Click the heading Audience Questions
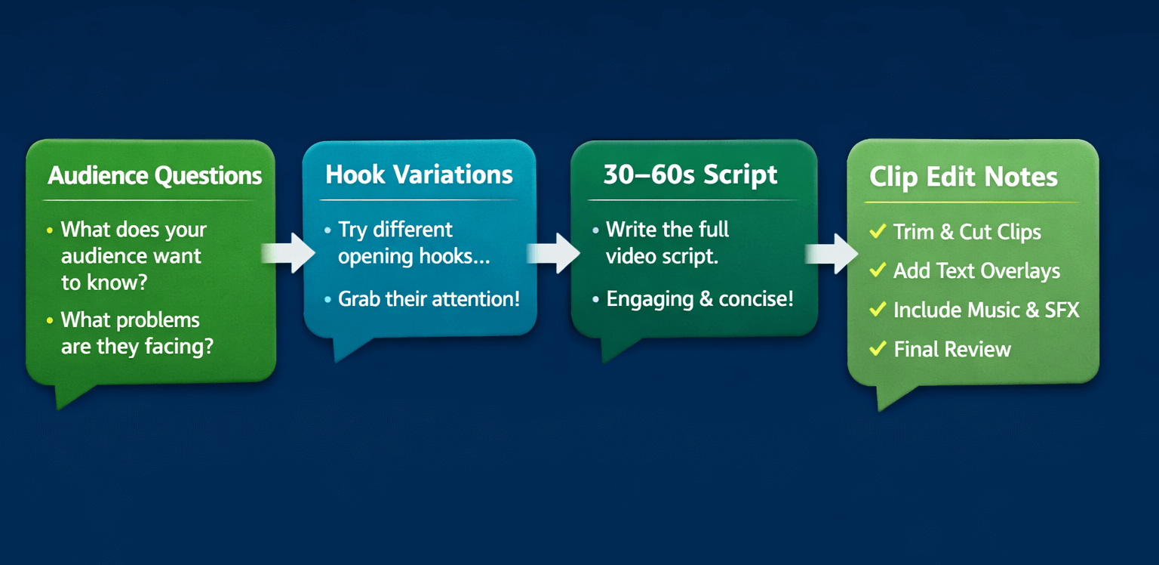[155, 176]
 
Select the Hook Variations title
[419, 175]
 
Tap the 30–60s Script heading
[690, 175]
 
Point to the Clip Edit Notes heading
[964, 178]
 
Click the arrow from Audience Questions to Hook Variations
[290, 252]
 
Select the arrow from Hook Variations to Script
[555, 252]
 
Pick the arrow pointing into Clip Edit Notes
[832, 253]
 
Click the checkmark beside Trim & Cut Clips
[878, 231]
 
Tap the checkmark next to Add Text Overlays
[878, 270]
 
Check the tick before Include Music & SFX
[878, 309]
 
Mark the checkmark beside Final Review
[878, 348]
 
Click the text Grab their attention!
[429, 299]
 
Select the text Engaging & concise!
[699, 299]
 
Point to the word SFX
[1062, 310]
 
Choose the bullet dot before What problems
[50, 320]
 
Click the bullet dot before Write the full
[596, 230]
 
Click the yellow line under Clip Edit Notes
[971, 202]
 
